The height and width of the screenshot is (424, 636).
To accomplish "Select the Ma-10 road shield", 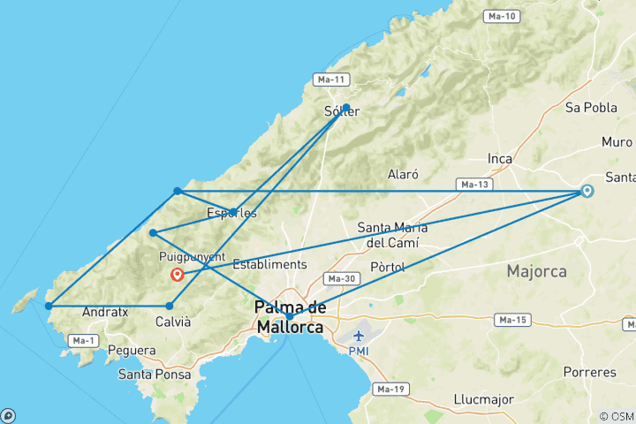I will (501, 17).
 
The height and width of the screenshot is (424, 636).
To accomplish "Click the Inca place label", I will (500, 159).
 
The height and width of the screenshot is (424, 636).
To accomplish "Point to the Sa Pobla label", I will (590, 108).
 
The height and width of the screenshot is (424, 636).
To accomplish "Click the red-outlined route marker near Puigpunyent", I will (178, 274).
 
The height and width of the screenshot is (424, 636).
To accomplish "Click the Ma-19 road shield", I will (390, 389).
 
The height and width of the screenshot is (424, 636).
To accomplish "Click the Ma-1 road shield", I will (83, 340).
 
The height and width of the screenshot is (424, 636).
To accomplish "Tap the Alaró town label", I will (402, 175).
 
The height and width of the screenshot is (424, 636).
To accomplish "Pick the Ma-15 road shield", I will (510, 319).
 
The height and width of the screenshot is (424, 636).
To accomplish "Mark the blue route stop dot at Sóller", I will (346, 108).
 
